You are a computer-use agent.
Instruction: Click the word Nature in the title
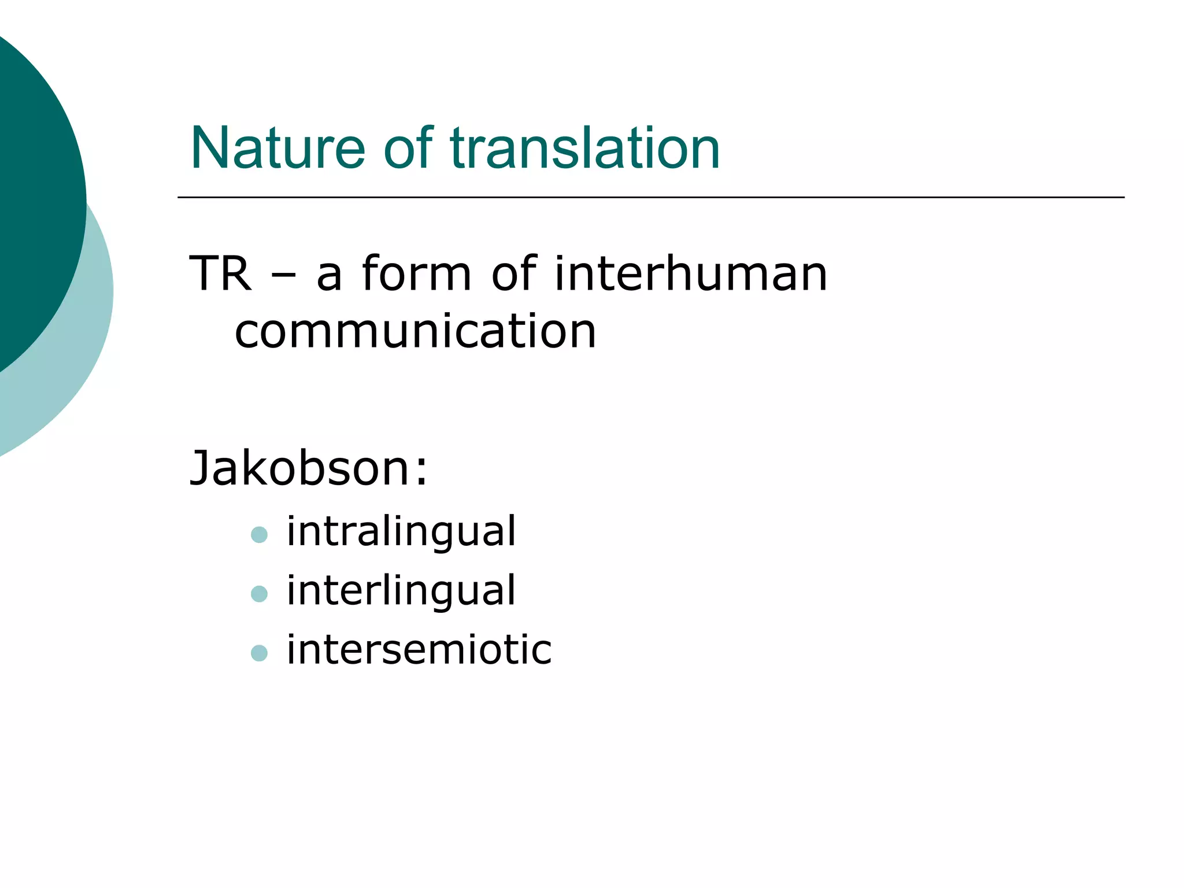coord(277,149)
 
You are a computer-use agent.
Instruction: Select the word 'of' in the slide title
coord(408,149)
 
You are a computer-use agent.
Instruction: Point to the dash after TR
coord(283,275)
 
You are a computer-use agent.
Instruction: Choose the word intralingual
coord(401,531)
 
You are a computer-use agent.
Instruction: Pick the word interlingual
coord(401,590)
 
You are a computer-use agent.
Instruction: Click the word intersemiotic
coord(419,650)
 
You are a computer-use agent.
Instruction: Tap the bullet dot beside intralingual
coord(260,535)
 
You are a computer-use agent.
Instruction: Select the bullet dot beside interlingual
coord(260,594)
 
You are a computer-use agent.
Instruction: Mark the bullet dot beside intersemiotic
coord(260,653)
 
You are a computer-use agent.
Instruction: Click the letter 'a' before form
coord(330,276)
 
